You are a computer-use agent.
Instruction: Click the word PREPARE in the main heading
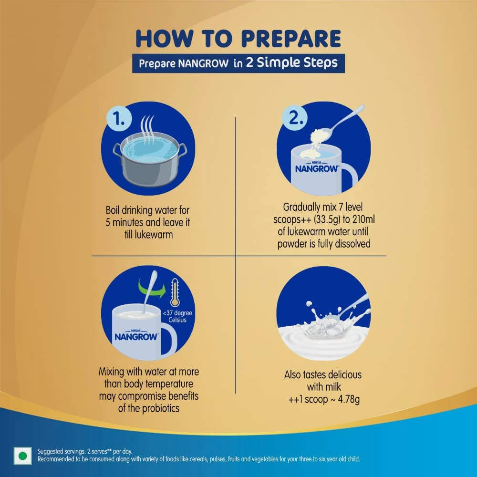pos(291,38)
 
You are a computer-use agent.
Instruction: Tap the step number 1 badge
pos(119,118)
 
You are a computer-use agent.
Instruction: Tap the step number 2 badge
pos(294,118)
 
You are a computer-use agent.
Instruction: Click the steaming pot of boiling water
pos(150,155)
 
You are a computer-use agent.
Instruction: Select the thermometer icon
pos(175,293)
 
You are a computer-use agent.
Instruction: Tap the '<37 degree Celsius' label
pos(177,316)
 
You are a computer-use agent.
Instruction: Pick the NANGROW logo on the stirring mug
pos(136,336)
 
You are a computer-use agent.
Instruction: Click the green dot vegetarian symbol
pos(22,456)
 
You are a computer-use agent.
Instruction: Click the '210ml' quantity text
pos(364,219)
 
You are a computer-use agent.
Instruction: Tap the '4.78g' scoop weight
pos(349,399)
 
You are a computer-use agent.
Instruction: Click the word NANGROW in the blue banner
pos(203,63)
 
